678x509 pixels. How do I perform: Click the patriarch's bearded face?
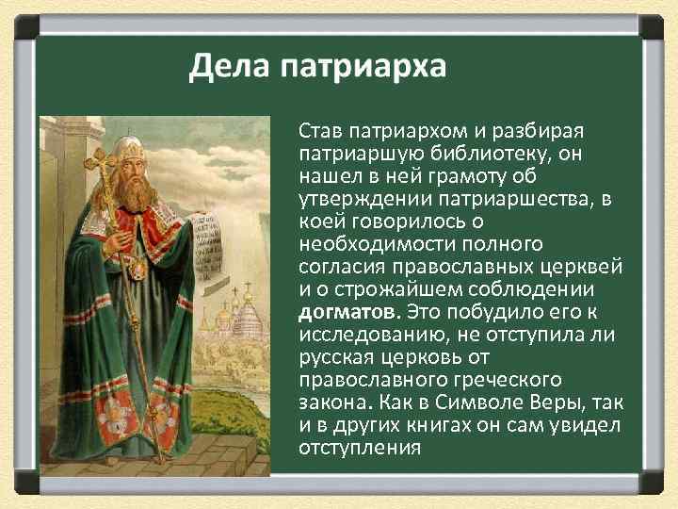point(135,173)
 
